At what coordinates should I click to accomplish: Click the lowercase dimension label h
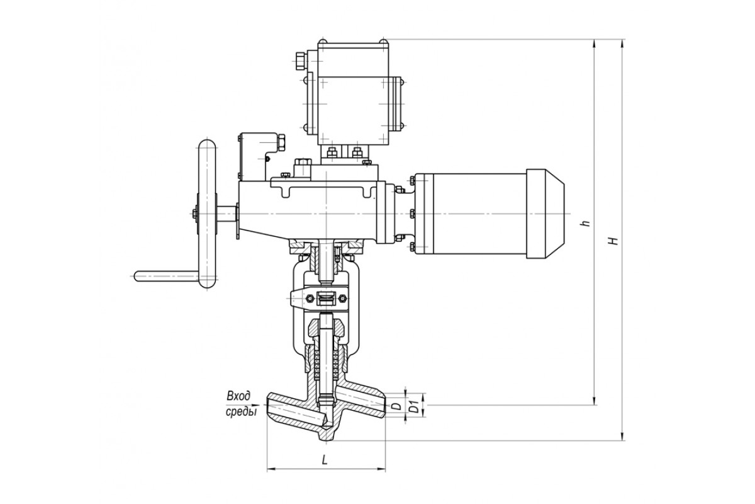coord(586,223)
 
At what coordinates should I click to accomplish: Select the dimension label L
coord(324,459)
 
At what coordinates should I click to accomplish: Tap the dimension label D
coord(398,406)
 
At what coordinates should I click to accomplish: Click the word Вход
coord(238,396)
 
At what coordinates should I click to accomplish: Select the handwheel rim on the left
coord(206,214)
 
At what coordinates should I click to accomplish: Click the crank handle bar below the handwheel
coord(167,276)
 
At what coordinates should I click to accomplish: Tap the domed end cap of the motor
coord(545,214)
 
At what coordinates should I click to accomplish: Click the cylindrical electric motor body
coord(470,214)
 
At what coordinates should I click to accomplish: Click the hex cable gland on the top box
coord(301,60)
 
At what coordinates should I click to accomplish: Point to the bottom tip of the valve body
coord(327,440)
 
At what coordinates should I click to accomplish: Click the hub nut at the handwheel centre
coord(195,214)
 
